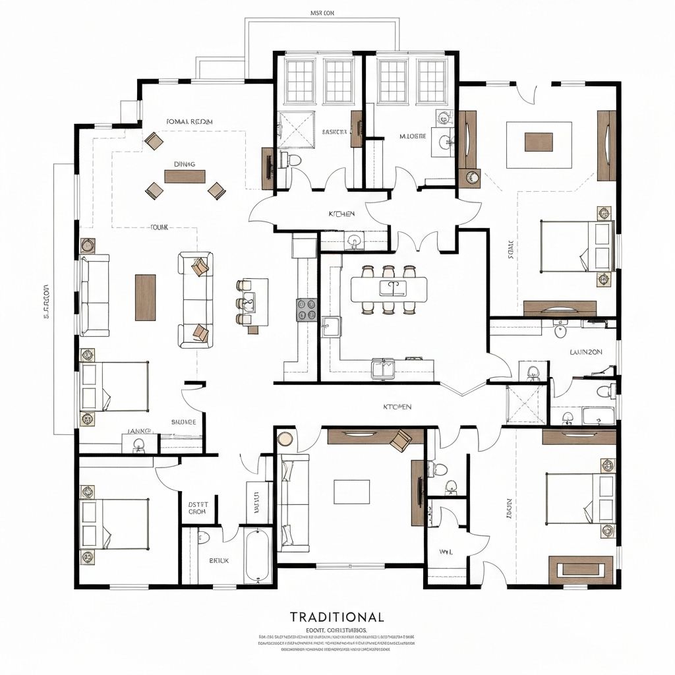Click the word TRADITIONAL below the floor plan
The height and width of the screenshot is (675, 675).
(x=337, y=617)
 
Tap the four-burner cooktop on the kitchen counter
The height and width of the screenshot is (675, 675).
(x=307, y=309)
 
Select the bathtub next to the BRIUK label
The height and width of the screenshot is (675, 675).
(x=256, y=555)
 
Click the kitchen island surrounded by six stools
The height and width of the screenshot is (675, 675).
(x=388, y=289)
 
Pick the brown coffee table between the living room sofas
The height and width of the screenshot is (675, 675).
(x=145, y=297)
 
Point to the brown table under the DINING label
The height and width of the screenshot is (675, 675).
(x=185, y=177)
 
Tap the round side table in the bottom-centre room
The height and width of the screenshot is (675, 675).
(x=285, y=439)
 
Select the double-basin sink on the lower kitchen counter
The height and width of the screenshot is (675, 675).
(x=382, y=367)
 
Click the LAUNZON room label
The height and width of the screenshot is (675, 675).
(x=585, y=352)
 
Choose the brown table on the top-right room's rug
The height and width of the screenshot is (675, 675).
(x=539, y=142)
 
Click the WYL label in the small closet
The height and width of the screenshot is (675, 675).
(x=445, y=551)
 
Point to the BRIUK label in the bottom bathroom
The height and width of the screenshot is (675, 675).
(x=219, y=560)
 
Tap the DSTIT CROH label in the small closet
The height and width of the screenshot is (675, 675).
(x=197, y=506)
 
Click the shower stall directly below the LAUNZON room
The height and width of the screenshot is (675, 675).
(x=526, y=403)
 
